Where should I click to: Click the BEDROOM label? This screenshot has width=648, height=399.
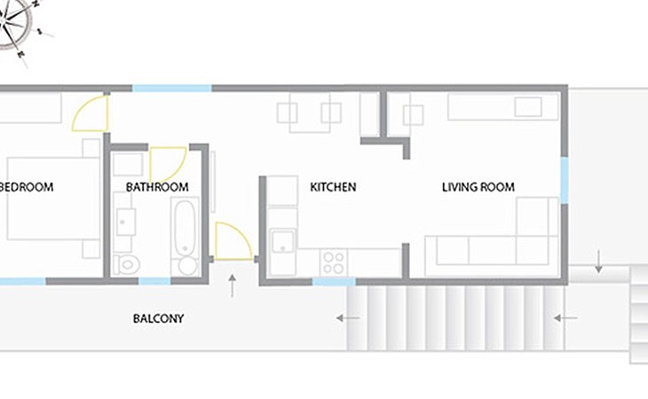coord(27,187)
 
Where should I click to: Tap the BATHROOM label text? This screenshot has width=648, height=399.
coord(157,187)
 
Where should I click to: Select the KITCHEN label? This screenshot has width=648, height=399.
coord(333,187)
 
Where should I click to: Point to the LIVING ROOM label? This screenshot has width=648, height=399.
coord(478,187)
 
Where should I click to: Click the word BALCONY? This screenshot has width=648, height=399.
coord(158,318)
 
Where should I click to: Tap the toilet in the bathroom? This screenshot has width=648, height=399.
coord(127,264)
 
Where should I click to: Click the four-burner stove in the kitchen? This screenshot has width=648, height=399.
coord(334,262)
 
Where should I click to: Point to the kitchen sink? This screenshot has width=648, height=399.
coord(283,241)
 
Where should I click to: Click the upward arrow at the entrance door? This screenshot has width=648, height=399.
coord(233,286)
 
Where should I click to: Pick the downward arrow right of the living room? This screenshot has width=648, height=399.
coord(598,262)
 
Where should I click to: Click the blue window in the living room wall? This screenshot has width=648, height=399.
coord(564,180)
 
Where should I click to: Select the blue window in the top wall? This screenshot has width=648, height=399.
coord(172,89)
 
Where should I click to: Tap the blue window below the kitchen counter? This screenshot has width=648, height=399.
coord(334,282)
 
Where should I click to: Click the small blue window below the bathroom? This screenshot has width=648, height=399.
coord(154,281)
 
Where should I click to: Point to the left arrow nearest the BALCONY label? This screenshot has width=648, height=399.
coord(348,318)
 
